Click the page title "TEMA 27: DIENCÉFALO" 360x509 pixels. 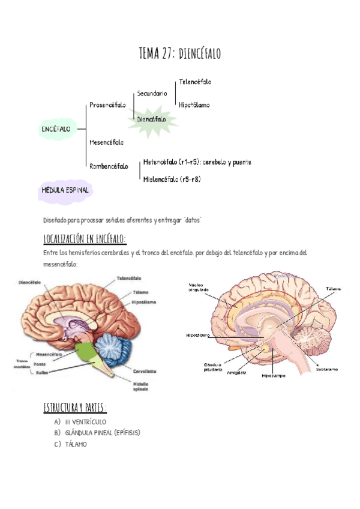coord(179,53)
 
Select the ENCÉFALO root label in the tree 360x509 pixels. coord(56,129)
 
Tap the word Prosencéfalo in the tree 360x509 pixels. coord(107,105)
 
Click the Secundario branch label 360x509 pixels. coord(152,93)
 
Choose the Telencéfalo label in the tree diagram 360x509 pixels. coord(195,82)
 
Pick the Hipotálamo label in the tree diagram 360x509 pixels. coord(194,105)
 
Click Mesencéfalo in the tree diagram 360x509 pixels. coord(106,142)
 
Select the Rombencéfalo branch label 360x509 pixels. coord(109,166)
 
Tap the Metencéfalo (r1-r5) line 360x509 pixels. coord(197,162)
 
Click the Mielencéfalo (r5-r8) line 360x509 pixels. coord(172,179)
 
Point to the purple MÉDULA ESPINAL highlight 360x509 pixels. coord(65,190)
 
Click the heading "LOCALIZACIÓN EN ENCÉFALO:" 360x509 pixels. coord(85,239)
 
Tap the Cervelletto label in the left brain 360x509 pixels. coord(145,372)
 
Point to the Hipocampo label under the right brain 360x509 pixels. coord(273,376)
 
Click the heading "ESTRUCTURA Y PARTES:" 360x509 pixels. coord(75,408)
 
